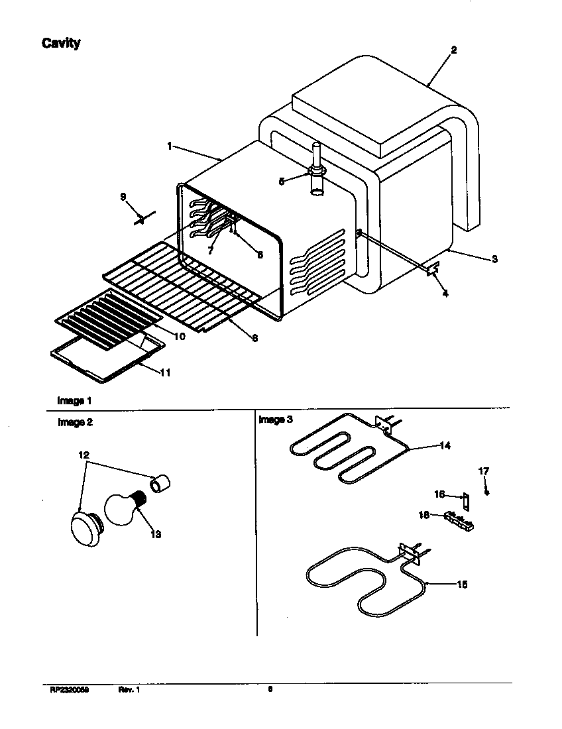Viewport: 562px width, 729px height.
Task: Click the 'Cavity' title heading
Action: click(x=61, y=44)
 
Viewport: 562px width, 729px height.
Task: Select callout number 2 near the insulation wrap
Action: click(x=453, y=50)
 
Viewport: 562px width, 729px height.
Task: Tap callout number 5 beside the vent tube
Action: click(x=282, y=181)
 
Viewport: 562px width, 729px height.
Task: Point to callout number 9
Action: click(x=123, y=196)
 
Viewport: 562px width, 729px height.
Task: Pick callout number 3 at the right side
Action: click(x=494, y=259)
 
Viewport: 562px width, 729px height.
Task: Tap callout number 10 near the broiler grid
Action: click(x=179, y=337)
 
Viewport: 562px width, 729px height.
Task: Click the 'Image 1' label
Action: click(x=74, y=401)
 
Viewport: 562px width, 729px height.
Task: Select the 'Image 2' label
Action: click(x=75, y=423)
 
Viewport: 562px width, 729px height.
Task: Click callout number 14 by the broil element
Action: click(x=445, y=446)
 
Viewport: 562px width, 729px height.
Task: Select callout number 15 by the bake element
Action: click(x=462, y=585)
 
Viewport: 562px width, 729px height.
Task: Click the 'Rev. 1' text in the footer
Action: click(x=129, y=690)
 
